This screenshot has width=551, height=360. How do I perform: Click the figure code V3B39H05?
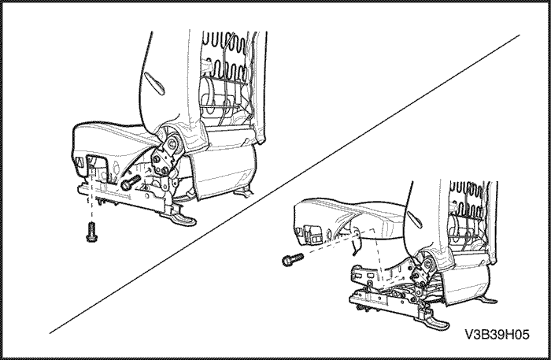coord(497,334)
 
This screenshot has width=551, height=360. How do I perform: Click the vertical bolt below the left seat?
coord(91,232)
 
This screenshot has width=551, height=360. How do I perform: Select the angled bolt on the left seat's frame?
coord(130,181)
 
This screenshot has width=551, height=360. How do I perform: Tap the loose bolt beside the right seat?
coord(292,259)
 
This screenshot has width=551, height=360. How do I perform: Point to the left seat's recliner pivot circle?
coord(172,143)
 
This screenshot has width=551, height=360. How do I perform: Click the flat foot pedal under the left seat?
coord(182,219)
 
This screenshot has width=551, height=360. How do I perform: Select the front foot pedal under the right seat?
coord(437,323)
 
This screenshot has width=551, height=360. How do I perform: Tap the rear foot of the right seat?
coord(489,300)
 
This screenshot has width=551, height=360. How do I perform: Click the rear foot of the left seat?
coord(244,192)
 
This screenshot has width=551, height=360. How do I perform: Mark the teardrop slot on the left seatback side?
coord(154,83)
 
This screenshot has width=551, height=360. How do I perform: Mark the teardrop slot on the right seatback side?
coord(416,218)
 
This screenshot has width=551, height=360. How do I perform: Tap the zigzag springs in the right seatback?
coord(471,199)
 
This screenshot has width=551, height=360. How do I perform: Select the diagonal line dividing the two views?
coord(285,184)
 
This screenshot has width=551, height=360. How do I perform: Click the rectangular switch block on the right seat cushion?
coord(314,234)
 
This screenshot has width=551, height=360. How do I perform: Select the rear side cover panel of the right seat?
coord(466,285)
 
